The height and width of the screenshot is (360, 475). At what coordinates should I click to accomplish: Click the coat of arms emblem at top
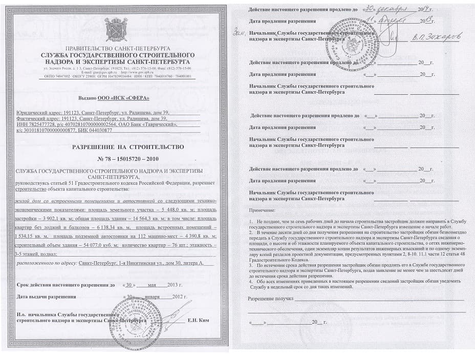(x=116, y=29)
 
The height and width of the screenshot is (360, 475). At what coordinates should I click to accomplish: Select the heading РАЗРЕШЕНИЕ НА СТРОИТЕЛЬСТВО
(x=117, y=147)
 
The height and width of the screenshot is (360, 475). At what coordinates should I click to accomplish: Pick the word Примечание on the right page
(x=262, y=210)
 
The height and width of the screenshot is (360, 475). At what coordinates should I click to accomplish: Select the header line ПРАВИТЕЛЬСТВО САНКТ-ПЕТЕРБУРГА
(x=117, y=49)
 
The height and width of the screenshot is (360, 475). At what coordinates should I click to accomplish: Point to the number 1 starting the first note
(x=251, y=220)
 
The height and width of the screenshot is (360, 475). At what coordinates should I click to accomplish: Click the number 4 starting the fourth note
(x=251, y=281)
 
